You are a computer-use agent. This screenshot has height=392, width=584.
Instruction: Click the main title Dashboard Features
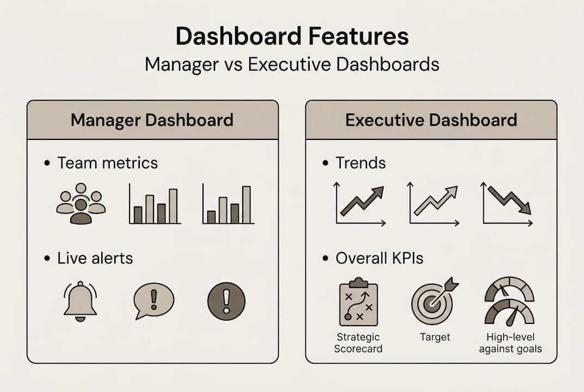[x=292, y=36]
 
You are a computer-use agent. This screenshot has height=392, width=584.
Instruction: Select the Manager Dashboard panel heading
[x=152, y=120]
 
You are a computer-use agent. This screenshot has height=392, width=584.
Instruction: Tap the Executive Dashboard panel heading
[x=431, y=120]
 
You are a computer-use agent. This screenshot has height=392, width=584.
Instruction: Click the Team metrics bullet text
[x=107, y=163]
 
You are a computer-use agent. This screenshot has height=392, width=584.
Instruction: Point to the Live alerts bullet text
[x=95, y=258]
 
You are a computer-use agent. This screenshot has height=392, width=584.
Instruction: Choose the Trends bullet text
[x=360, y=163]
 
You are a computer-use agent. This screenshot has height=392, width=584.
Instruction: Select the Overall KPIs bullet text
[x=379, y=258]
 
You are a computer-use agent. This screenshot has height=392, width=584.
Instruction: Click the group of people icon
[x=81, y=204]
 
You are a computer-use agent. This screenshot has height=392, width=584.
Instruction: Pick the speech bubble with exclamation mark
[x=153, y=301]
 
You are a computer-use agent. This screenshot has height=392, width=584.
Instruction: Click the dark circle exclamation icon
[x=226, y=301]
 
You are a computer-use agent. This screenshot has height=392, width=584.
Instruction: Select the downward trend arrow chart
[x=508, y=204]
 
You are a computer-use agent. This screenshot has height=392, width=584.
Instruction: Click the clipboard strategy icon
[x=358, y=302]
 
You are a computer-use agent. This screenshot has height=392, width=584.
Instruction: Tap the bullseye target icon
[x=434, y=301]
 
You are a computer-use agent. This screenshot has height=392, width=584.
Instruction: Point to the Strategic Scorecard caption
[x=358, y=343]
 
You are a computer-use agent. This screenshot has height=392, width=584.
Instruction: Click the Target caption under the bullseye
[x=435, y=337]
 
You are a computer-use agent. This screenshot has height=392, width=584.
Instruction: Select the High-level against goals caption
[x=511, y=343]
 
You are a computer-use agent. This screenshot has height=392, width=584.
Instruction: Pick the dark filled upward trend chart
[x=361, y=204]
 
